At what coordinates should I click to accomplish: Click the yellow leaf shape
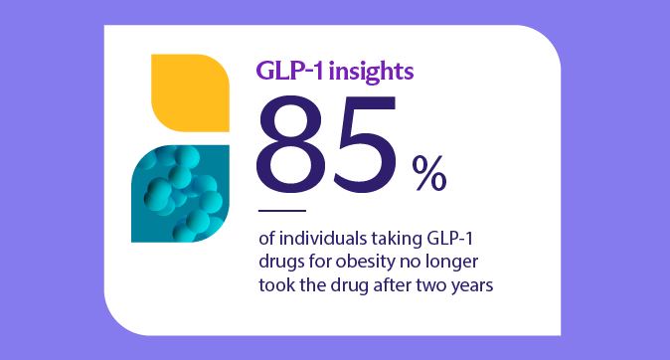click(190, 92)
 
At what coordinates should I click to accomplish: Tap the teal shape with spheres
click(180, 194)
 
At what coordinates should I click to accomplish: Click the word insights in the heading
click(371, 72)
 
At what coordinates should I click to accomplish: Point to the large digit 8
click(291, 144)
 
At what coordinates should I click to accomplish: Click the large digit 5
click(364, 144)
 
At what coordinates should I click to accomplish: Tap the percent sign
click(429, 172)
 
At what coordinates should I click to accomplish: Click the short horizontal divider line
click(282, 211)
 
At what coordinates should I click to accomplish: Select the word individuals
click(323, 238)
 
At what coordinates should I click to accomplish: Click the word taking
click(397, 239)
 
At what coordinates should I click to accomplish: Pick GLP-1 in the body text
click(450, 238)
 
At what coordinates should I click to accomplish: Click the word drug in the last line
click(349, 285)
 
